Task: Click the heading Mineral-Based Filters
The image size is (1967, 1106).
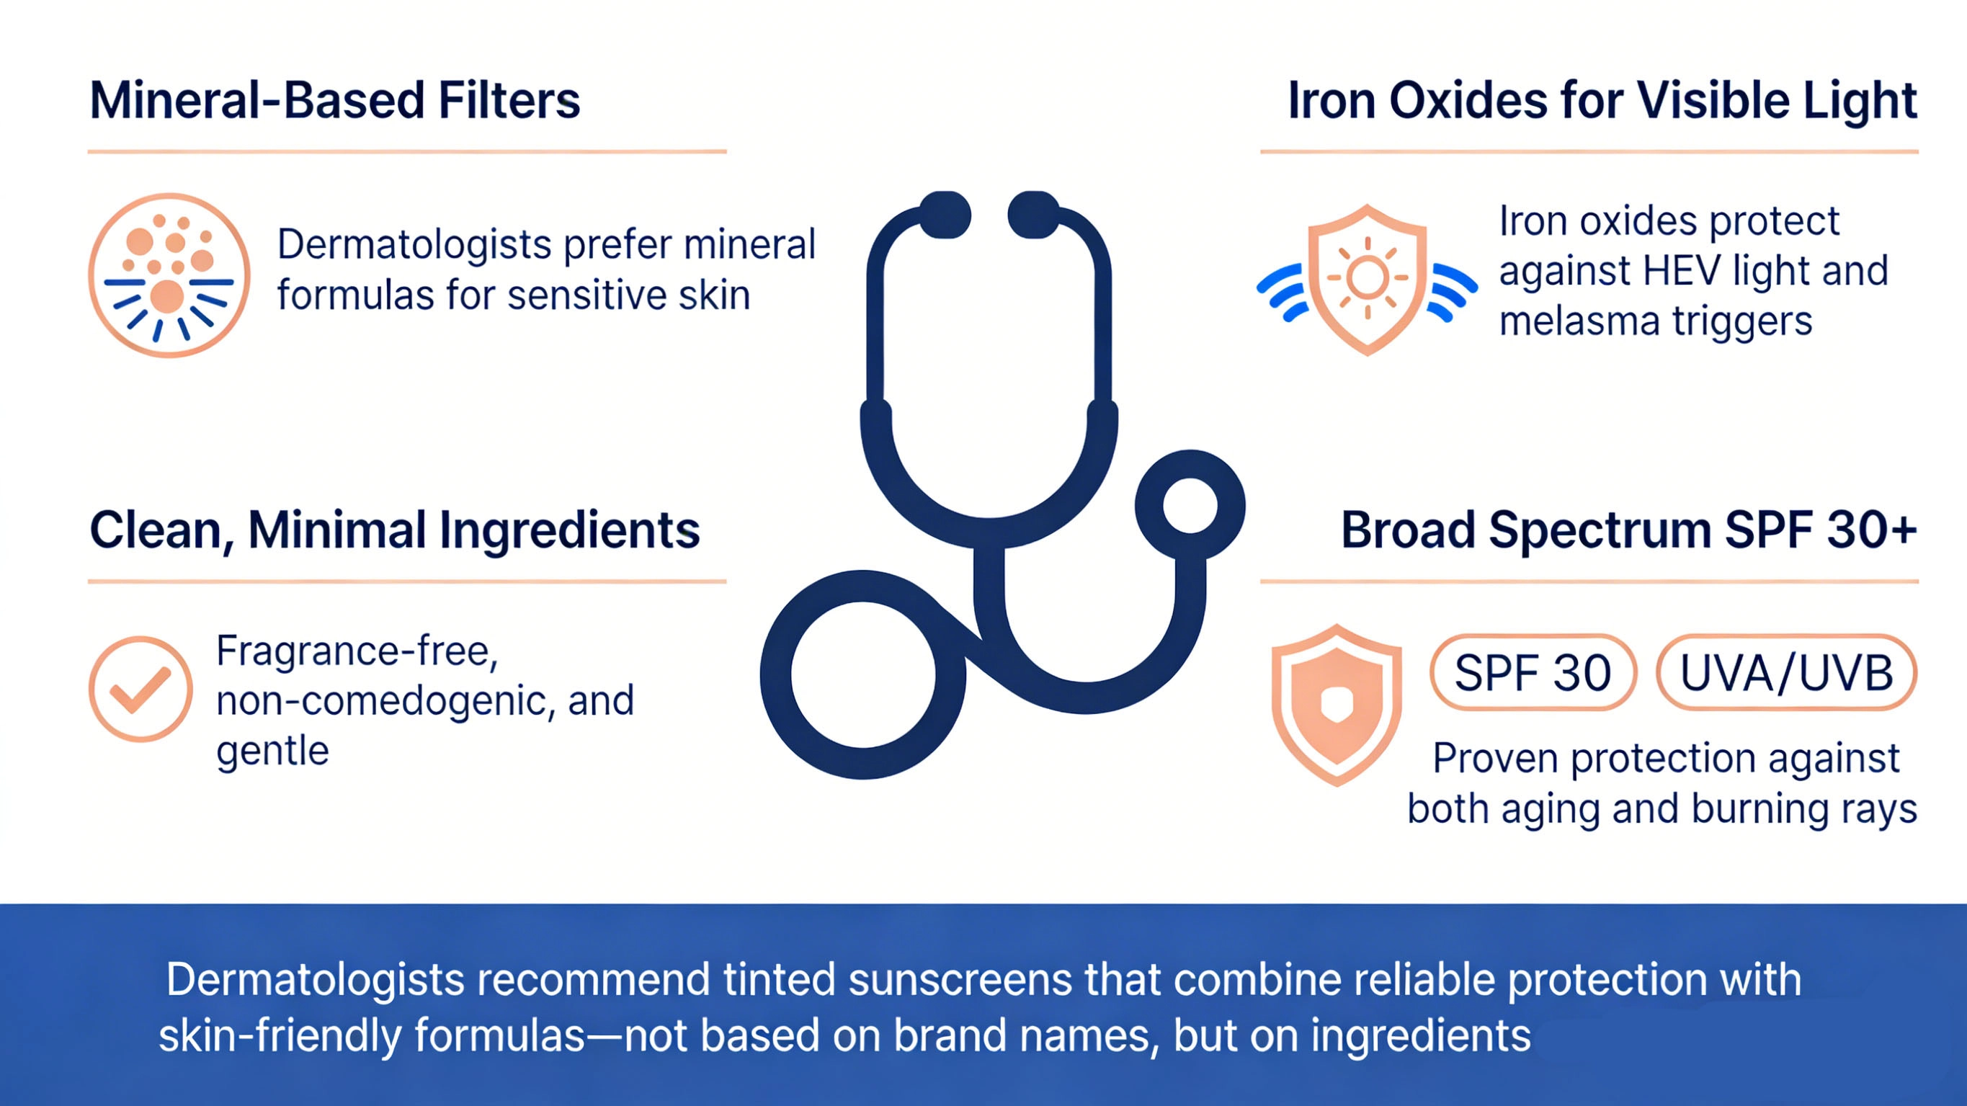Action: click(334, 101)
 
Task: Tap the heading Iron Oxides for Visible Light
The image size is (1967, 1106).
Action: click(1602, 101)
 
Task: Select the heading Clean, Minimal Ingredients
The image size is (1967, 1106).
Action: click(394, 530)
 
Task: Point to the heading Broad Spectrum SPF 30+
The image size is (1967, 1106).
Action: click(1629, 530)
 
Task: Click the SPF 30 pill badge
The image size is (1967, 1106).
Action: click(1533, 673)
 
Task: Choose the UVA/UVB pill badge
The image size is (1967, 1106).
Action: click(1786, 673)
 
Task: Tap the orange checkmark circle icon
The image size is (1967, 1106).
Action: click(140, 689)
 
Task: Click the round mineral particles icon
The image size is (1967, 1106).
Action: click(169, 275)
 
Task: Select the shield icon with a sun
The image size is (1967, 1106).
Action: click(1367, 279)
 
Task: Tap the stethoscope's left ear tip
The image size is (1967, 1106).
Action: click(945, 215)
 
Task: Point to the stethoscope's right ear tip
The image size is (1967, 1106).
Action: click(1034, 215)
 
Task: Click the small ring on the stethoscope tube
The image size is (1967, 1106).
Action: click(1190, 506)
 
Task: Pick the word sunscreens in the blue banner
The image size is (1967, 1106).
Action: click(960, 980)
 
